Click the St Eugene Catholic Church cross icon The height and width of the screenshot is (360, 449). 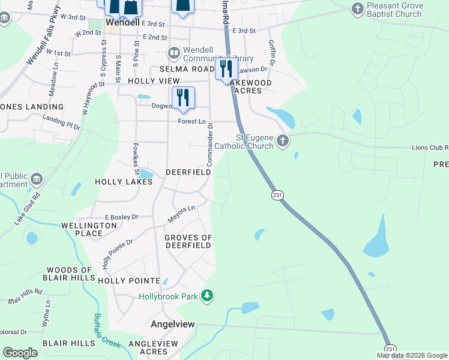pos(283,142)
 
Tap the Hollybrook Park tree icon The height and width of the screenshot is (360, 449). pos(207,296)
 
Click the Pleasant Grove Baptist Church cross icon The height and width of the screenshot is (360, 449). pos(358,9)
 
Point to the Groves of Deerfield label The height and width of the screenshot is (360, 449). pos(188,242)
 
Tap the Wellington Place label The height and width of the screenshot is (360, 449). pos(89,230)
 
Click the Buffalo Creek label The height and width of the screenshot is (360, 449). pos(106,331)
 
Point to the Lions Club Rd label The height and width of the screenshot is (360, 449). pos(430,148)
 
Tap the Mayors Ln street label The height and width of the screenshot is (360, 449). pos(182,211)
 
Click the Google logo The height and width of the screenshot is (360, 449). pos(20,353)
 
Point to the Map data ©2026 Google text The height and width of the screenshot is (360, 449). pos(411,355)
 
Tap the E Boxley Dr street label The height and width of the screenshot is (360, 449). pos(121,217)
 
